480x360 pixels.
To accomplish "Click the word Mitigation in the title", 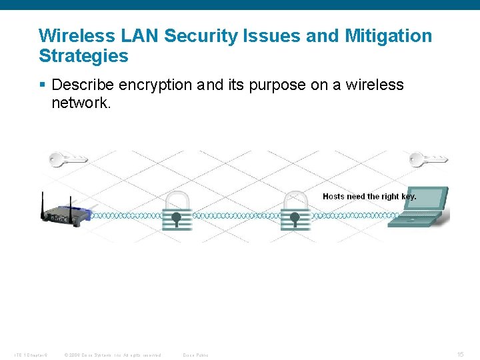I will (x=388, y=35).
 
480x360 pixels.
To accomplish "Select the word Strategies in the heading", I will (x=83, y=55).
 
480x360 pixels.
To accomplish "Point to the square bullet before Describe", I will (x=43, y=85).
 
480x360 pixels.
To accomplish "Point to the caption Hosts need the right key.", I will (x=369, y=196).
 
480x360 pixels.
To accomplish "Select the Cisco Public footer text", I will (x=195, y=355).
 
